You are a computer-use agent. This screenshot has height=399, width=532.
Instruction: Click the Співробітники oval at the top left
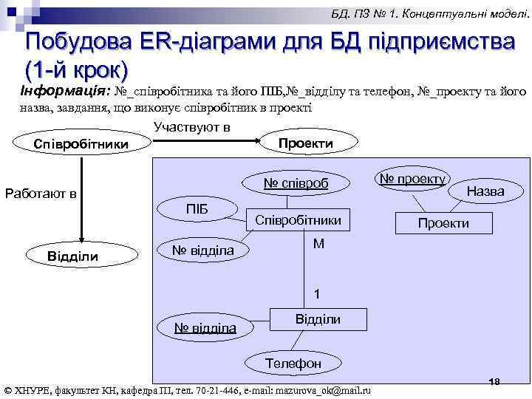(x=81, y=143)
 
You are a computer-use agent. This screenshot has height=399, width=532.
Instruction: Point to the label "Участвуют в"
(x=192, y=127)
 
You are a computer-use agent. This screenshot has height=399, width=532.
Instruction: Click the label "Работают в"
(x=41, y=194)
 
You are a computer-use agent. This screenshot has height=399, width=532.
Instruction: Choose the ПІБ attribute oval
(x=197, y=210)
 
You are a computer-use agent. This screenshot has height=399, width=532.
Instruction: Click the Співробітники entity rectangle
(x=298, y=219)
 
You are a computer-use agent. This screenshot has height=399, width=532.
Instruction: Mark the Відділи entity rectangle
(x=318, y=319)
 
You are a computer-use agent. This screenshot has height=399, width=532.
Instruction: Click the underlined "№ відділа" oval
(x=205, y=327)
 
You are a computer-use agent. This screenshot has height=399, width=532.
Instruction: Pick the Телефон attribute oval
(x=293, y=363)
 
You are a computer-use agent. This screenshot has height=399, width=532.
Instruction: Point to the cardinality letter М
(x=318, y=243)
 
